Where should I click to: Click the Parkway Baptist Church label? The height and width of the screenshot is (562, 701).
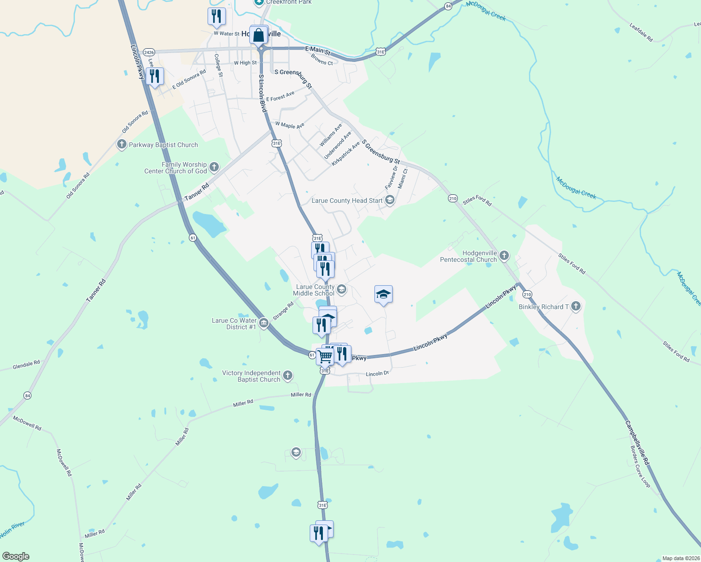(x=163, y=145)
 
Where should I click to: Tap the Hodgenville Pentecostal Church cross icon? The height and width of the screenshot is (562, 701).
(x=504, y=255)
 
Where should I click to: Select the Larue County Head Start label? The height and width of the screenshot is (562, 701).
(x=347, y=200)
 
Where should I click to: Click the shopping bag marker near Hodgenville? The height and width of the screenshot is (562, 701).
(x=259, y=35)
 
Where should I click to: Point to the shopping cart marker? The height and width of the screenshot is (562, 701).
(x=325, y=356)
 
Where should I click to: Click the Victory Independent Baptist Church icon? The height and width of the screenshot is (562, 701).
(x=288, y=375)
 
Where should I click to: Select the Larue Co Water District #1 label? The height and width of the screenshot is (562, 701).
(x=234, y=324)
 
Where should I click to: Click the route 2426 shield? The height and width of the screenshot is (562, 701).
(x=149, y=52)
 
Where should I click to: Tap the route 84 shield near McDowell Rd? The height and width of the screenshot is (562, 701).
(x=28, y=396)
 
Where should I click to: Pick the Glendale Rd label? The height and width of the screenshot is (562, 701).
(x=26, y=364)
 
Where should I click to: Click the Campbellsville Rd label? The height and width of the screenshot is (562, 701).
(x=637, y=443)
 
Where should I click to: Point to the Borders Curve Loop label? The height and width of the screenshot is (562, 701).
(x=640, y=466)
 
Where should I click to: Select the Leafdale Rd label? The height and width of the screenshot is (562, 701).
(x=641, y=32)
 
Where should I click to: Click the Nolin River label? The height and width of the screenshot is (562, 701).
(x=12, y=530)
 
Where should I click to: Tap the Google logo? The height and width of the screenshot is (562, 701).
(x=15, y=556)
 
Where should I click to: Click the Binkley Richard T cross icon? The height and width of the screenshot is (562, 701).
(x=576, y=306)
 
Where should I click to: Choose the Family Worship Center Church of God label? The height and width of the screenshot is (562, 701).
(x=176, y=168)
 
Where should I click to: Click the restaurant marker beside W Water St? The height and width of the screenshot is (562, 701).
(x=216, y=16)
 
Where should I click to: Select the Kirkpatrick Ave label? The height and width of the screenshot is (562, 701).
(x=345, y=154)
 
